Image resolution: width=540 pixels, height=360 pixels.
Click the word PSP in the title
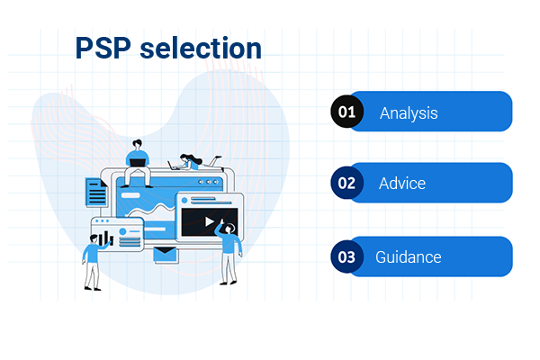(102, 48)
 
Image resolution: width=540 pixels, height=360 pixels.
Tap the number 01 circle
(346, 112)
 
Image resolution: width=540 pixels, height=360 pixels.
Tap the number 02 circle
(346, 183)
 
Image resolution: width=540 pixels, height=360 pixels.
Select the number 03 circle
(346, 256)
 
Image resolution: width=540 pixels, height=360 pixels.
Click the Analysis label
(409, 112)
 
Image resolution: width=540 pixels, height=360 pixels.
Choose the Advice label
(402, 184)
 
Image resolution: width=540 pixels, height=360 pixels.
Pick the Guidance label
(409, 257)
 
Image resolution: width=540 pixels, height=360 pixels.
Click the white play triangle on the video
(209, 221)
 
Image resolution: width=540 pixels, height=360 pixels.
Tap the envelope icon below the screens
(166, 256)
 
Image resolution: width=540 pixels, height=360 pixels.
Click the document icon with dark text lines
(96, 192)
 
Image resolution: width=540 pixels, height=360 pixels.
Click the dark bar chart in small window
(106, 238)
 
